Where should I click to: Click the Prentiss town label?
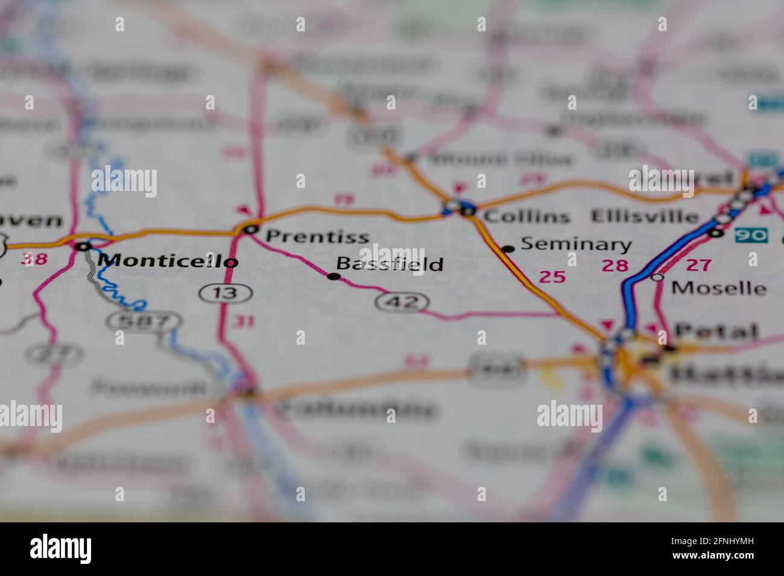pos(317,236)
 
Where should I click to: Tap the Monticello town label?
pos(168,260)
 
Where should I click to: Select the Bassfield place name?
pos(390,263)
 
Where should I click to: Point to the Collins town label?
pos(526,216)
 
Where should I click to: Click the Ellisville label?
pos(645,216)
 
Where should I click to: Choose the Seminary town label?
pos(576,244)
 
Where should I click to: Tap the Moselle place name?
pos(718,287)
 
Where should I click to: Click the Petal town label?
pos(716,331)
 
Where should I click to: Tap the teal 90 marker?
pos(751,235)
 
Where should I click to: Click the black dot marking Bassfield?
pos(333,277)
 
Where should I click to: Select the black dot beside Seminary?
pos(508,248)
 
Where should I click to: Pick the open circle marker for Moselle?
pos(657,277)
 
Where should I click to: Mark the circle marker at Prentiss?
pos(250,229)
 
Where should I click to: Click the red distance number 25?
pos(552,277)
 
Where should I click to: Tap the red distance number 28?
pos(615,265)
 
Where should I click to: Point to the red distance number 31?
pos(244,322)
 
